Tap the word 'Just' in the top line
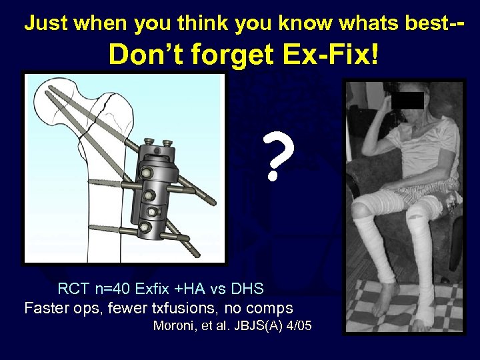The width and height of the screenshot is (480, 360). (47, 24)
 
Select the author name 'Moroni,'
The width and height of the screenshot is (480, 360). (175, 326)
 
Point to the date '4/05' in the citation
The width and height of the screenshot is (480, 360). (298, 326)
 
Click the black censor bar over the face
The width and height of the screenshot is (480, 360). (407, 100)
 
